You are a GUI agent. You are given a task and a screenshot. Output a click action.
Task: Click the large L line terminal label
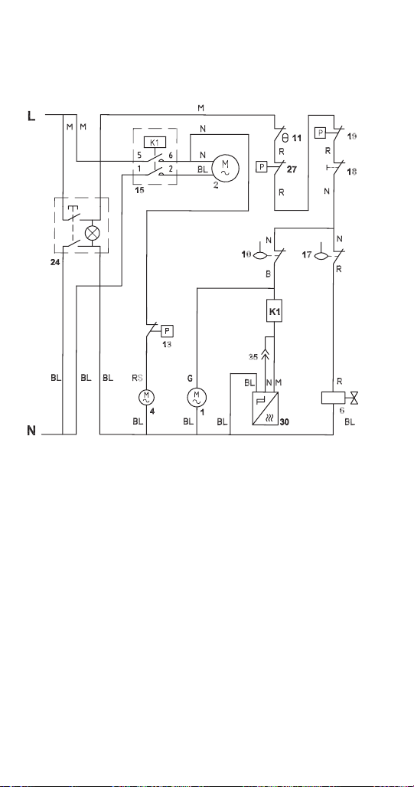31,116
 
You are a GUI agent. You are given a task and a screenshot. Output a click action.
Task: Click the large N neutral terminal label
31,431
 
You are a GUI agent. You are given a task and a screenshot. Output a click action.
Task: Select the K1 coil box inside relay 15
155,142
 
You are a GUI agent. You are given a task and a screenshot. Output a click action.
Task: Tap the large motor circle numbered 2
225,168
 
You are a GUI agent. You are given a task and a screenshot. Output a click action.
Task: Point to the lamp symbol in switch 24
92,233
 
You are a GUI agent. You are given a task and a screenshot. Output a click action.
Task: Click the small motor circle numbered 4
146,398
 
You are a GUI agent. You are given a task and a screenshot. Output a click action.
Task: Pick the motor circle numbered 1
197,398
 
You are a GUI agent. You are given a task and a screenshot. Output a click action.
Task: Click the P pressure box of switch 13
168,331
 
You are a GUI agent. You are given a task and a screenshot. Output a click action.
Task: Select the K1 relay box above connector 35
275,312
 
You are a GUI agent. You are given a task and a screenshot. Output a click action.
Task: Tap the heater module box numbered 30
266,408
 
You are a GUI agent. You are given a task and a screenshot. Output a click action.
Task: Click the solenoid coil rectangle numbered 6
334,398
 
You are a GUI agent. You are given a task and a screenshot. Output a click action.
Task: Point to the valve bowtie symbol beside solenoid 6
355,398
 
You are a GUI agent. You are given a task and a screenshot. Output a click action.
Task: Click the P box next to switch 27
262,166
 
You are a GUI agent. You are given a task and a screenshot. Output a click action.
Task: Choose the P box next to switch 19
321,133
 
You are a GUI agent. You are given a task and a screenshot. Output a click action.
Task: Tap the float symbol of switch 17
321,255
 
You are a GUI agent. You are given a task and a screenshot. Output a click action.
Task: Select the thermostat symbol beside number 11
285,137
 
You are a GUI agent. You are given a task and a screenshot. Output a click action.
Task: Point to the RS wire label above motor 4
137,378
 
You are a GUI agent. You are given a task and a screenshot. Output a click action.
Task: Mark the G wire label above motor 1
190,378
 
